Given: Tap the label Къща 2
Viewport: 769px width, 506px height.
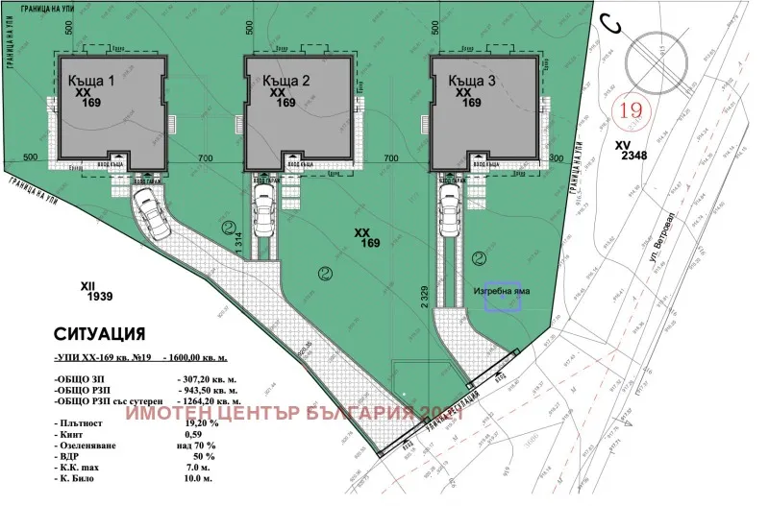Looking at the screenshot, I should tap(285, 82).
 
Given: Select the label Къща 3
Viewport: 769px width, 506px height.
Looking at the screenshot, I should tap(472, 82).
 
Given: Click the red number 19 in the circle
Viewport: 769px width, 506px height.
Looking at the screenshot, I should tap(632, 110).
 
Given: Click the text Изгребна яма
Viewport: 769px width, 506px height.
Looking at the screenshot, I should tap(501, 288).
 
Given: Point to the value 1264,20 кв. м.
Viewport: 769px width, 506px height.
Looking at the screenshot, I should tap(217, 404).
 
